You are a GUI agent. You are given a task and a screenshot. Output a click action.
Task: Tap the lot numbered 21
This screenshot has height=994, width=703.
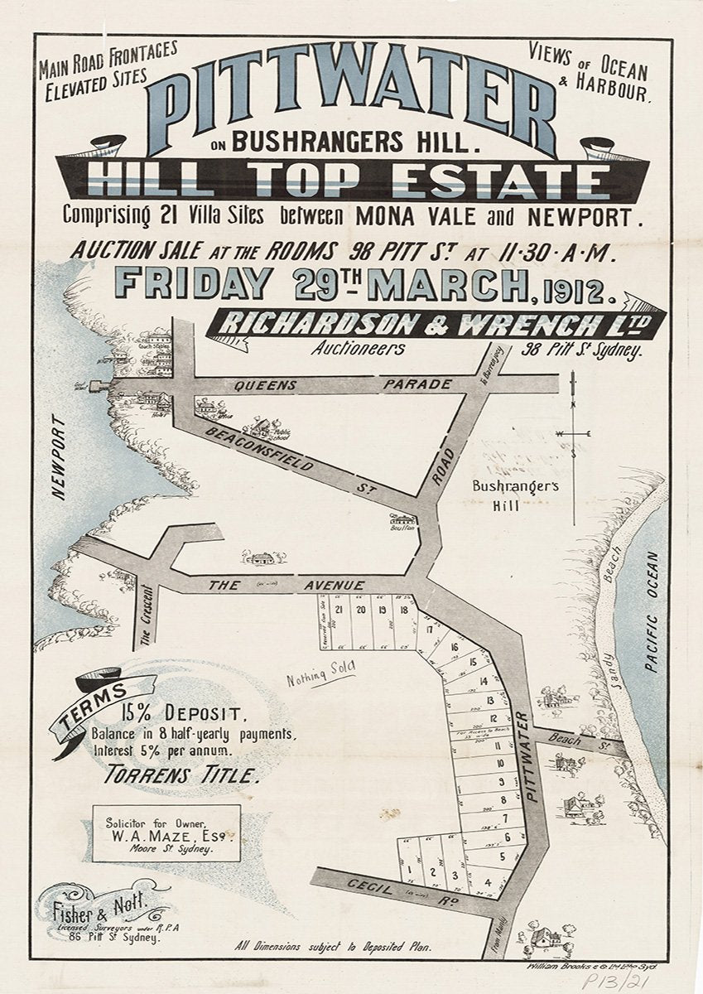[339, 610]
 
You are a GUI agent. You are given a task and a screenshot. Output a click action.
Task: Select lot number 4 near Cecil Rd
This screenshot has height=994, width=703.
[489, 881]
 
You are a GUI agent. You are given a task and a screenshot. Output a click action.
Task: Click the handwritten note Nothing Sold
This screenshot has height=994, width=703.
[320, 676]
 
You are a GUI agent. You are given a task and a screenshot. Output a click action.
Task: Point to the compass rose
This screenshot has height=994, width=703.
[573, 433]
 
